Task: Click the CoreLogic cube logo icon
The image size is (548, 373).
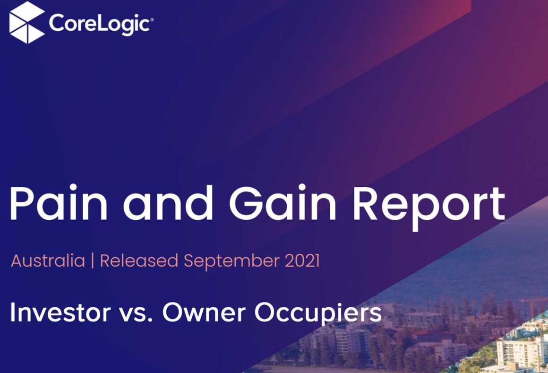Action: (27, 22)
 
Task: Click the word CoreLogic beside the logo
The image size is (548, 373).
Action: (100, 24)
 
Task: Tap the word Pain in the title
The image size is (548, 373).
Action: (59, 203)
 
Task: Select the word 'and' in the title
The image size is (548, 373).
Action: (167, 203)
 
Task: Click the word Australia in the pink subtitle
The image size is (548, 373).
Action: (48, 261)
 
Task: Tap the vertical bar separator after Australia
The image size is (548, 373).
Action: (93, 261)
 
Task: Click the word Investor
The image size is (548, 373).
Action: (60, 312)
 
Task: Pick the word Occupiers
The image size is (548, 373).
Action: (318, 314)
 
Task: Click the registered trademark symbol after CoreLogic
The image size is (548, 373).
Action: (152, 20)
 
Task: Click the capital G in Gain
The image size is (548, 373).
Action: (247, 203)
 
